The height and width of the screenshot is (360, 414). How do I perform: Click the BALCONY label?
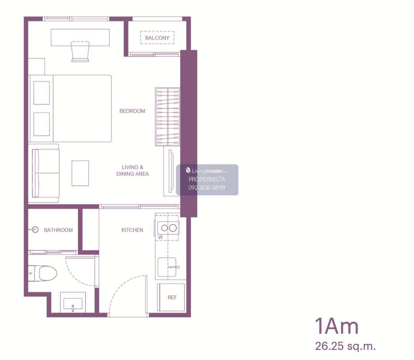[157, 38]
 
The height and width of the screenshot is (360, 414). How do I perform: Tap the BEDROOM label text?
[132, 111]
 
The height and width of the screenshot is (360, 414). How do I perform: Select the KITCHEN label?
[132, 230]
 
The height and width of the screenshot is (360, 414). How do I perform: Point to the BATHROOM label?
[58, 230]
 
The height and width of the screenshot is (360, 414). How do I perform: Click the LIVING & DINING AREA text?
[132, 171]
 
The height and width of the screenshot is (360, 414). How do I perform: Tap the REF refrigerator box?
[171, 297]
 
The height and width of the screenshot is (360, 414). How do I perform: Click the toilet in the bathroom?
[42, 273]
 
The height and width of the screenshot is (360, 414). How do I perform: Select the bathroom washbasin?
[73, 302]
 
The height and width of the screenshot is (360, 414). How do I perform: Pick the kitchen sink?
[167, 267]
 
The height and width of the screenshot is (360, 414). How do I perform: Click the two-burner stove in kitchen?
[168, 228]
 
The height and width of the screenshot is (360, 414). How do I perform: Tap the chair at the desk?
[80, 51]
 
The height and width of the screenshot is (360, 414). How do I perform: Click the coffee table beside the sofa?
[80, 173]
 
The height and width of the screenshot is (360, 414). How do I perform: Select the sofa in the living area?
[46, 173]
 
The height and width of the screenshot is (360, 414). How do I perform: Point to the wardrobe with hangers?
[168, 117]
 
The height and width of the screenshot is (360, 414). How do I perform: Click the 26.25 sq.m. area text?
[345, 346]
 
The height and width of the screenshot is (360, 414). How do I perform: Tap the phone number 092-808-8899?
[207, 187]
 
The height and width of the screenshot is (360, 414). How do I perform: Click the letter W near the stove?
[160, 237]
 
